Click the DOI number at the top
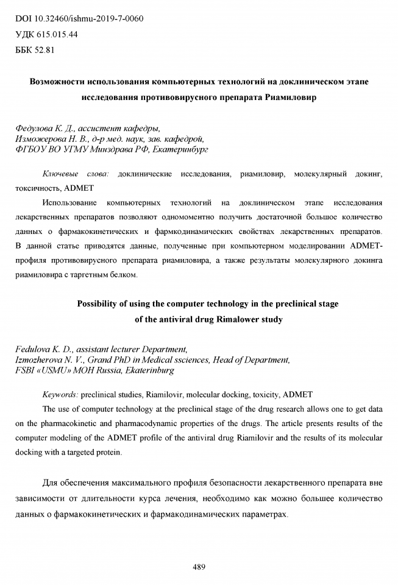[x=89, y=18]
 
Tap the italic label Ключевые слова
[x=76, y=174]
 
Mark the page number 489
[x=199, y=567]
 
